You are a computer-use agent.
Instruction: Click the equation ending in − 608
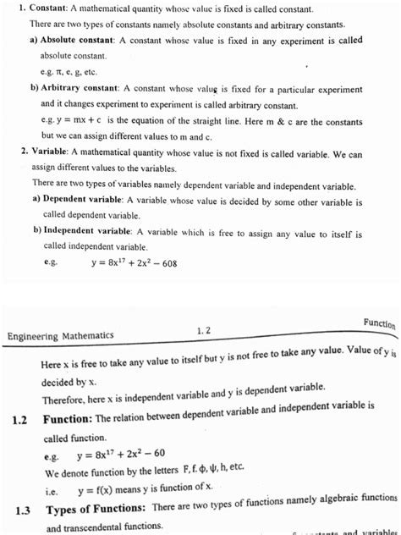[133, 263]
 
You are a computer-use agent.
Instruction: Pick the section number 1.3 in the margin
[24, 510]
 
